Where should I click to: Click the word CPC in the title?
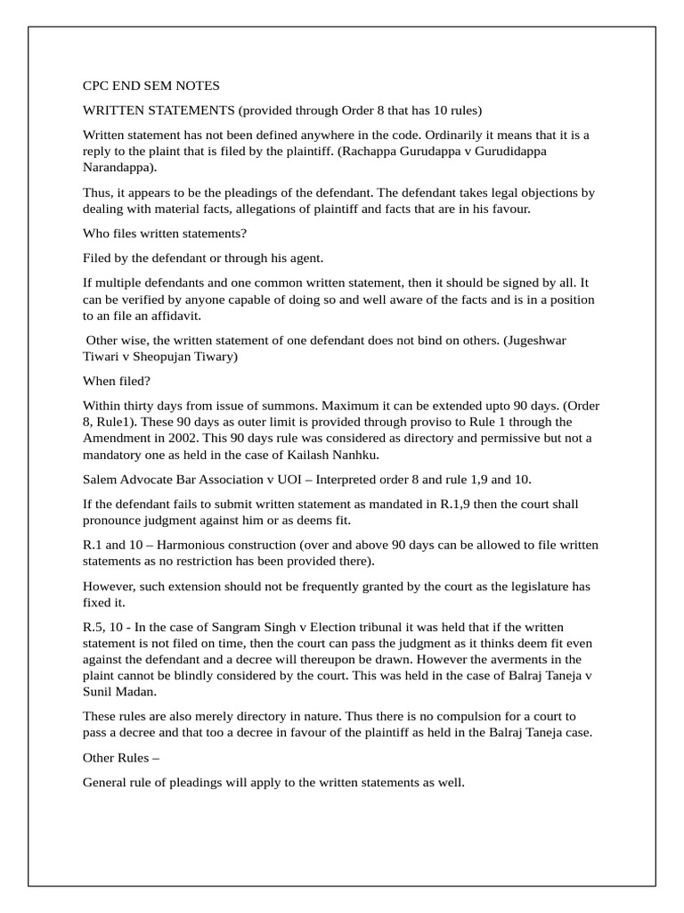(x=96, y=86)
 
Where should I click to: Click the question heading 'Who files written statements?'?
(x=165, y=234)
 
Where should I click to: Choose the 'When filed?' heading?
(x=118, y=381)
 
